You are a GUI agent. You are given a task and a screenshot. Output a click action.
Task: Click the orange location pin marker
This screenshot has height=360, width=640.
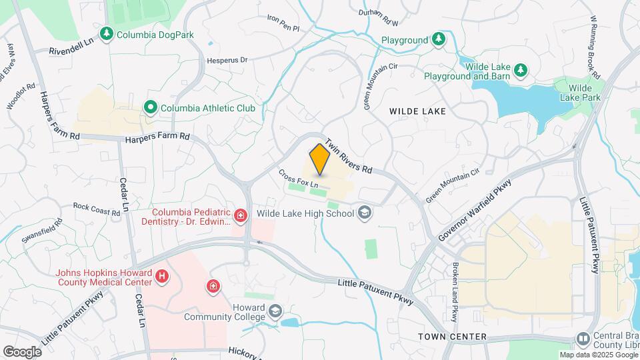[x=320, y=159]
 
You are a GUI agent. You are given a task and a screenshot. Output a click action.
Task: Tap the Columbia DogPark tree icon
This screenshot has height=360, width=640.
[x=106, y=33]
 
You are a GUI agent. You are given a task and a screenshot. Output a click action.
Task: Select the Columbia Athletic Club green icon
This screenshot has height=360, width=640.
[x=151, y=107]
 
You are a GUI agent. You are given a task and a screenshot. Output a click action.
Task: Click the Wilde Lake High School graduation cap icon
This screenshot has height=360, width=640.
[x=364, y=213]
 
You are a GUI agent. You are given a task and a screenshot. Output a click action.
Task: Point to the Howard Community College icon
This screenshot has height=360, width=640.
[x=275, y=311]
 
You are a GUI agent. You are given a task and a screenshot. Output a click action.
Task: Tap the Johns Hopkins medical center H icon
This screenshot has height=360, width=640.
[x=161, y=276]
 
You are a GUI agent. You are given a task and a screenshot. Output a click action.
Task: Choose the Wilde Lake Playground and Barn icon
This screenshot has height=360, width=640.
[x=521, y=70]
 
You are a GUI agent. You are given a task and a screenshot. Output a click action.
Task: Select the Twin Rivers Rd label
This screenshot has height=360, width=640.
[x=348, y=156]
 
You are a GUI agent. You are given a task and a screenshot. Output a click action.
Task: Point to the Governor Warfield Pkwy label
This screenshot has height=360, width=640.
[x=475, y=211]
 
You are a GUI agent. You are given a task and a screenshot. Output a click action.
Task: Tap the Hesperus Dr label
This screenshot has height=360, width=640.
[x=225, y=60]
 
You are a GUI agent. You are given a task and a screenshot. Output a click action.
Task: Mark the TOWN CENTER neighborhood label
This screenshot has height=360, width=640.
[x=453, y=337]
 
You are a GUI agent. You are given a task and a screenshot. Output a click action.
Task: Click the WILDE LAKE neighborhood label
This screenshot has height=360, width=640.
[x=417, y=111]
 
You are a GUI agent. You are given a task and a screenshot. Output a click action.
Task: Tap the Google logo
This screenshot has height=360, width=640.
[x=22, y=351]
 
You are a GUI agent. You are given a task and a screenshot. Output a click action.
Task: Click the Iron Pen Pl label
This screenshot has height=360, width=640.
[x=283, y=23]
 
